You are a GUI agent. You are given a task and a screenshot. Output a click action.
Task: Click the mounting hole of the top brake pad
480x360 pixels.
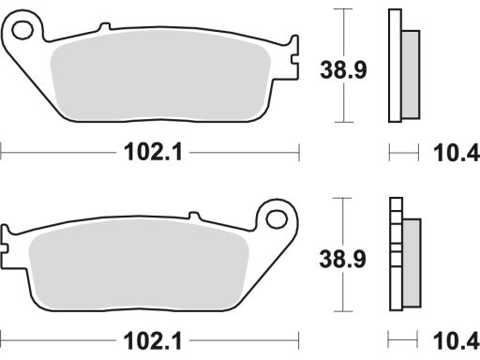coord(22,30)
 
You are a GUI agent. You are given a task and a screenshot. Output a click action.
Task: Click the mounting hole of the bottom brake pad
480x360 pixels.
coord(277,218)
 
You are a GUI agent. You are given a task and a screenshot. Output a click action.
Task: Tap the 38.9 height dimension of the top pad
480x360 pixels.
coord(343,69)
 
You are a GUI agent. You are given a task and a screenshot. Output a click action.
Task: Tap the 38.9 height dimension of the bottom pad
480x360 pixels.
coord(342,259)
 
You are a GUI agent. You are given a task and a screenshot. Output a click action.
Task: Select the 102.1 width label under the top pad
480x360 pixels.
coord(153,152)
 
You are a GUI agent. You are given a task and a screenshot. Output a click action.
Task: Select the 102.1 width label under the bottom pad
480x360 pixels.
coord(153,341)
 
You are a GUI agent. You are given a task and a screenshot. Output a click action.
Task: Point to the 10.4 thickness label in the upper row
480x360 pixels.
coord(457,153)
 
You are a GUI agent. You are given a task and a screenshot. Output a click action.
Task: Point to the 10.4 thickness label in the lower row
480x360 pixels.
coord(457,341)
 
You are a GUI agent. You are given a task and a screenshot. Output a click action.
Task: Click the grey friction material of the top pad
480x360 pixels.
coord(160,76)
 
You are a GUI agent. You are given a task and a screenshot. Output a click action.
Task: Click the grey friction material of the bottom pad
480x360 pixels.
coord(139,264)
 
